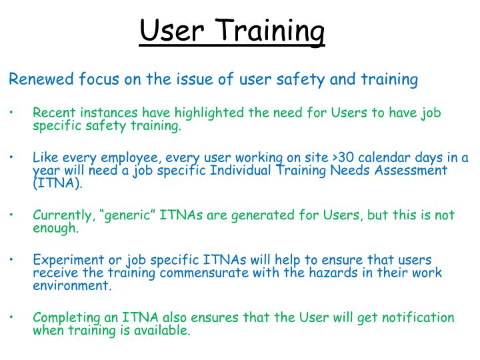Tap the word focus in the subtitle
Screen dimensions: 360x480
99,80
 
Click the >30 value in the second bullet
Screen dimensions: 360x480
345,157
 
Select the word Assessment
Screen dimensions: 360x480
409,171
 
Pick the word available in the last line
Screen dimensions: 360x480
166,330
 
